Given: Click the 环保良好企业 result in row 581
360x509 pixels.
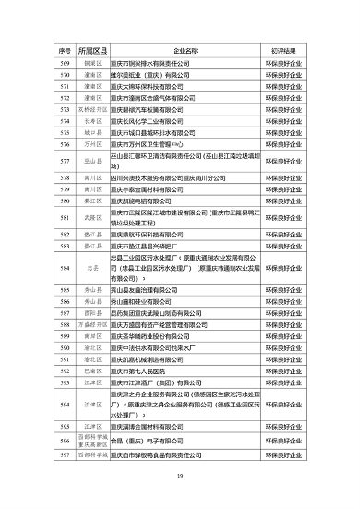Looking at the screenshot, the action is [x=279, y=218].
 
